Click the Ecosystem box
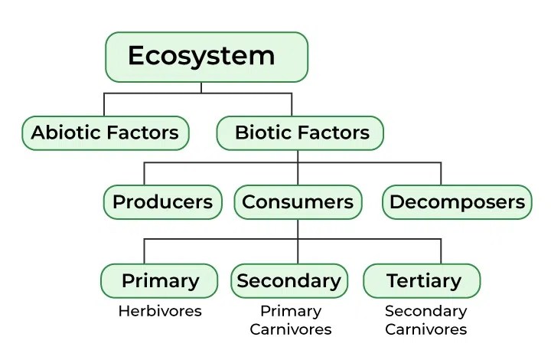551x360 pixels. coord(207,57)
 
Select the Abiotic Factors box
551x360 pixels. coord(105,133)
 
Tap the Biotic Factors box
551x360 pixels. coord(300,133)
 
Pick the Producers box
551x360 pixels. coord(162,202)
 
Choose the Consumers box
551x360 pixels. coord(298,202)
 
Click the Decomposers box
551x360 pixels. coord(457,202)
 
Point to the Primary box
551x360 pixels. coord(160,281)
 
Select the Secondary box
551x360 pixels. coord(289,281)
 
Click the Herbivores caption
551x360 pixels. coord(160,311)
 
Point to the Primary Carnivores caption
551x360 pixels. coord(290,320)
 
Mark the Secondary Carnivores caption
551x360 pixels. coord(425,320)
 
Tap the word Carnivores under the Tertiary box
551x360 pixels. coord(425,329)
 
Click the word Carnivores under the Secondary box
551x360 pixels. coord(290,329)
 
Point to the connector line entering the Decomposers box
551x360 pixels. coord(441,174)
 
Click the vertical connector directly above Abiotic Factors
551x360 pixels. coord(105,104)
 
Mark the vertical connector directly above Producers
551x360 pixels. coord(145,174)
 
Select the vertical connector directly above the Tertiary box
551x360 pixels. coord(441,251)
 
